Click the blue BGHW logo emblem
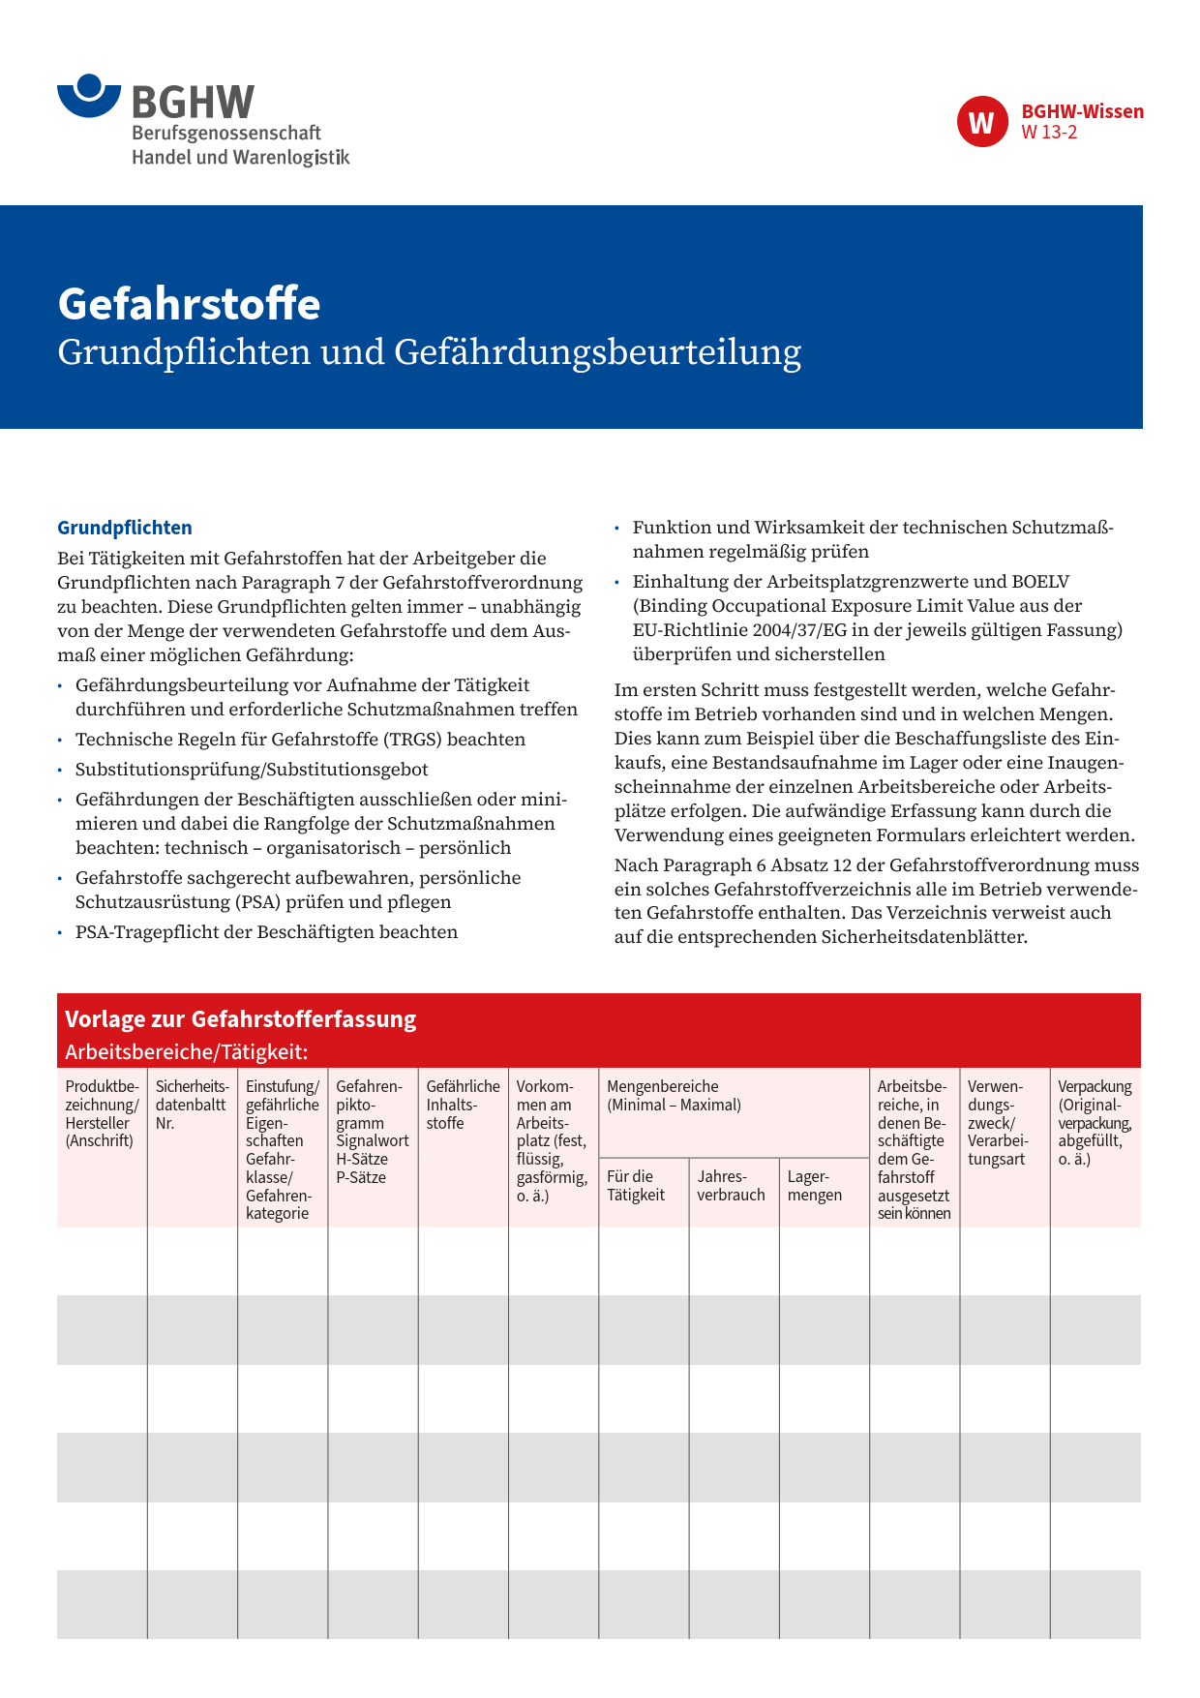tap(89, 96)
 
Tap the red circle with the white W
tap(981, 122)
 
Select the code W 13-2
tap(1049, 133)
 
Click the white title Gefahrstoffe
tap(189, 304)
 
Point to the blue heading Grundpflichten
tap(125, 528)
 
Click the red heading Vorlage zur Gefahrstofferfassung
tap(240, 1019)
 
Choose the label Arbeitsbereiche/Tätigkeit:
tap(186, 1051)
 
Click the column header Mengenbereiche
tap(662, 1086)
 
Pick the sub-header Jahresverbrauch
tap(731, 1186)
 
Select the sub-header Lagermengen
tap(814, 1186)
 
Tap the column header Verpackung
tap(1095, 1086)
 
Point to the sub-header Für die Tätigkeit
tap(636, 1186)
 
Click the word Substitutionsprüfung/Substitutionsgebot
tap(252, 770)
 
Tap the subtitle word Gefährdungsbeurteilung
tap(597, 351)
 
